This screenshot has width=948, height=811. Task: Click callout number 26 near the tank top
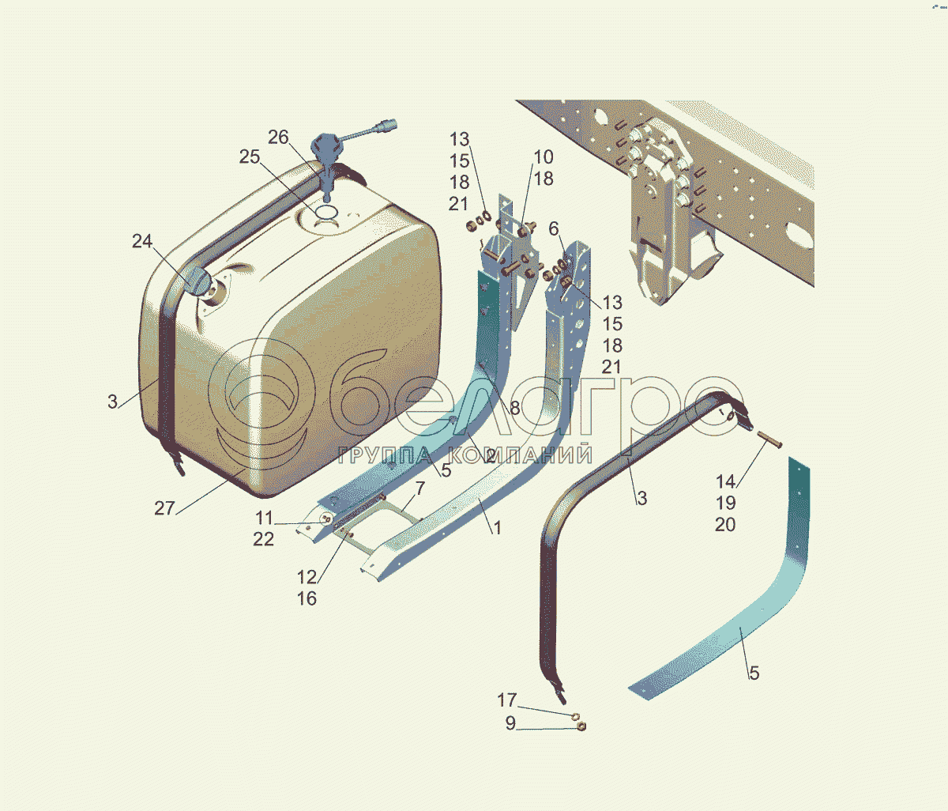278,138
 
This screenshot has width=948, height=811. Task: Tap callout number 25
250,157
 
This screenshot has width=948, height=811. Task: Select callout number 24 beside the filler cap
142,241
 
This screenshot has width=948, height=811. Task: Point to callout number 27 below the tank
164,508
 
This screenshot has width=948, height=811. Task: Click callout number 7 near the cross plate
420,488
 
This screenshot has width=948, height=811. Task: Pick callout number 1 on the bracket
497,528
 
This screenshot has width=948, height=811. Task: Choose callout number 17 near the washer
507,700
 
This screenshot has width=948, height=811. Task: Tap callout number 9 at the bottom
511,723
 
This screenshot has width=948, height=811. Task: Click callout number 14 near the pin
725,481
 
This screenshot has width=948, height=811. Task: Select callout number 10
544,157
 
